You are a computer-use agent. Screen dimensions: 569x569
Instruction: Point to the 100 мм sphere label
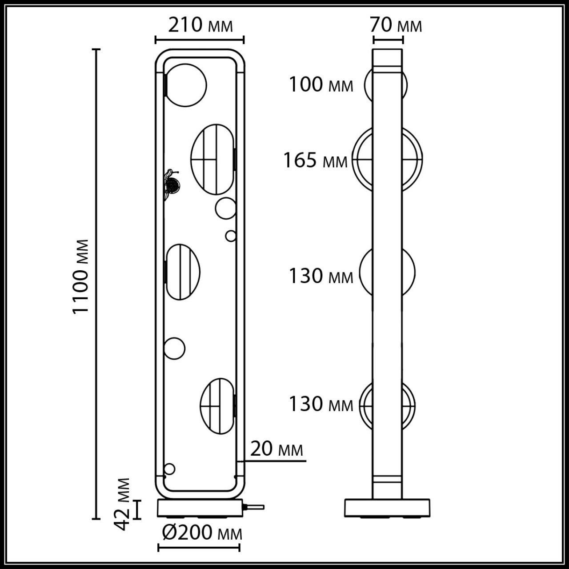pyautogui.click(x=321, y=84)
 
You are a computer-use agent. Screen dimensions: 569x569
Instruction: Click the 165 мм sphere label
pyautogui.click(x=316, y=160)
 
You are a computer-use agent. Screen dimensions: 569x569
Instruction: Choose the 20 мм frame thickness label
pyautogui.click(x=276, y=449)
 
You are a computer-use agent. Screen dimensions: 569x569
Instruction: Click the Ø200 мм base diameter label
pyautogui.click(x=202, y=533)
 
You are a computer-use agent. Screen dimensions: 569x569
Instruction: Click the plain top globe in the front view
pyautogui.click(x=186, y=85)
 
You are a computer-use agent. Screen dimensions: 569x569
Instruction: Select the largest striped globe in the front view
pyautogui.click(x=212, y=159)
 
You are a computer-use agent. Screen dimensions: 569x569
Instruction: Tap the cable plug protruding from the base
pyautogui.click(x=254, y=507)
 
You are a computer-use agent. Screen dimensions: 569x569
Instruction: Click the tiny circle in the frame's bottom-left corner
pyautogui.click(x=169, y=469)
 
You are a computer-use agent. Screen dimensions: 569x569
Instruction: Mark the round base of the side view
pyautogui.click(x=387, y=508)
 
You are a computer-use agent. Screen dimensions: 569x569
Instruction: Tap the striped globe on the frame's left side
pyautogui.click(x=183, y=272)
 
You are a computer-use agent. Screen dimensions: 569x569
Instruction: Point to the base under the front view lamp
pyautogui.click(x=200, y=508)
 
